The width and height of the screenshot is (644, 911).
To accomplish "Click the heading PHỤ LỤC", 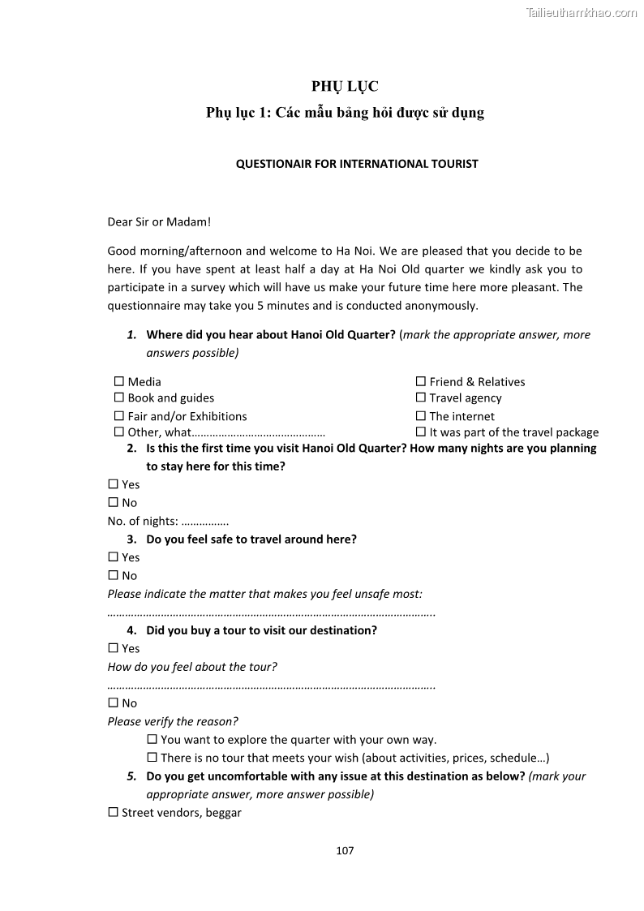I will pos(345,87).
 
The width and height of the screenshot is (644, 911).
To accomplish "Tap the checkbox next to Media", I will pos(119,381).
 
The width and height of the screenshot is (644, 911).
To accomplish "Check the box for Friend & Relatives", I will pos(421,381).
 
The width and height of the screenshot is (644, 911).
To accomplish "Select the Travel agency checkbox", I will pos(421,397).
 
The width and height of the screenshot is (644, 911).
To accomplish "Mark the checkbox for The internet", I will pos(421,416).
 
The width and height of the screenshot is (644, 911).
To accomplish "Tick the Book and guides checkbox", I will pos(119,397).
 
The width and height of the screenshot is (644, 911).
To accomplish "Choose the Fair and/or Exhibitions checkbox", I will pos(119,416).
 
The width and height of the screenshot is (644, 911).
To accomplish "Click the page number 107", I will pos(345,850).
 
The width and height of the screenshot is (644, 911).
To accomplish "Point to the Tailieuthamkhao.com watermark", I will pos(582,12).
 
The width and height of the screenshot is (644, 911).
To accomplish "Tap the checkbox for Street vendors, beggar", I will pos(114,812).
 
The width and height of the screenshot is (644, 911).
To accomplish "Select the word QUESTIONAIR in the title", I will pos(275,164).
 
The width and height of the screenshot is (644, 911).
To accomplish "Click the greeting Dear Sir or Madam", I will pos(159,221).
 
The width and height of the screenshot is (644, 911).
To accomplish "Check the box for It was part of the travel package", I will pos(421,432).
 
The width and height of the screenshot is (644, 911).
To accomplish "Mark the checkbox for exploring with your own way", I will pos(152,740).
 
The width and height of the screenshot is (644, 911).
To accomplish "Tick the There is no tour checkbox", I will pos(152,758).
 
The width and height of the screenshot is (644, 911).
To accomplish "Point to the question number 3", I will pos(131,539).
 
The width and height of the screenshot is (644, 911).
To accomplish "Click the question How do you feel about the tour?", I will pos(192,667).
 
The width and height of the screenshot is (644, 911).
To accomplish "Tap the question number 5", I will pos(131,776).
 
